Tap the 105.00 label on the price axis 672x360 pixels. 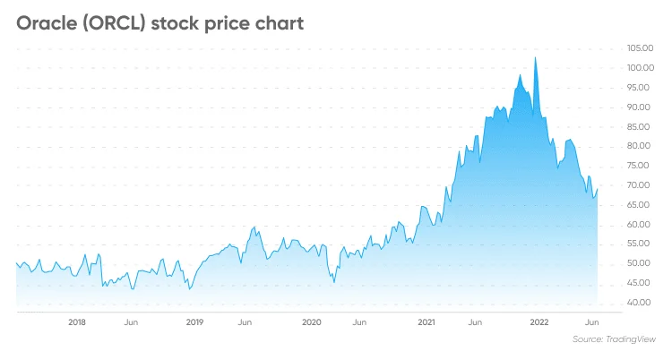pos(641,48)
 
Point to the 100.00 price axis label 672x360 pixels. pos(641,68)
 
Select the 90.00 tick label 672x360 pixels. pos(641,107)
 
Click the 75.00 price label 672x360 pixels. pos(641,166)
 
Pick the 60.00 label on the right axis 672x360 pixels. pos(641,224)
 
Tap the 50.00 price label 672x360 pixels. pos(641,263)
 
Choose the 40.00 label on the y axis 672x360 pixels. pos(641,303)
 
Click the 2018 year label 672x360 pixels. pos(77,321)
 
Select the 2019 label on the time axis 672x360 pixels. pos(194,321)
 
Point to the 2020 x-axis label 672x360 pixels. pos(311,321)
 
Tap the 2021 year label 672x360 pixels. pos(427,321)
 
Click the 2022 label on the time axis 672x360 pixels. pos(539,321)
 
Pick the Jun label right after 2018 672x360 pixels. pos(131,321)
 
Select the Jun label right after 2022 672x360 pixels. pos(591,321)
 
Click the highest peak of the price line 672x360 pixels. pos(536,58)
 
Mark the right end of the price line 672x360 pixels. pos(598,187)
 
